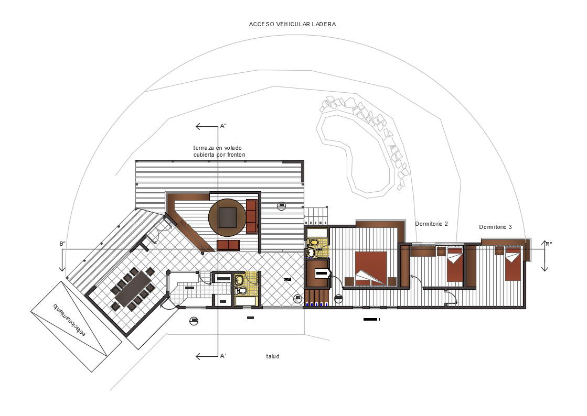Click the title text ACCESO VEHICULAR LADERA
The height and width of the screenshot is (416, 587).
click(292, 24)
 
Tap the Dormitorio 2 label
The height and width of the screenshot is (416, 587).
click(431, 224)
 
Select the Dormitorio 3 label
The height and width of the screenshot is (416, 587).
click(495, 227)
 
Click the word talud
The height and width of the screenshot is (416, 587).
click(273, 356)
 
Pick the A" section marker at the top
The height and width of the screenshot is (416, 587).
click(223, 126)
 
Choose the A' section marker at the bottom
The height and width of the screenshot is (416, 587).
click(223, 356)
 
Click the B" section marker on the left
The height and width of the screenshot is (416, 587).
click(62, 244)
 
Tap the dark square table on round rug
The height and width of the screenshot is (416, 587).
click(227, 217)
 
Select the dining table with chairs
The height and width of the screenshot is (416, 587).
click(133, 289)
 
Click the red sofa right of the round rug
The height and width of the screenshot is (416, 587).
click(252, 216)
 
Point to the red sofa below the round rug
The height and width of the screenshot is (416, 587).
click(228, 245)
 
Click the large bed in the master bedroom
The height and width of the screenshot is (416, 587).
click(371, 268)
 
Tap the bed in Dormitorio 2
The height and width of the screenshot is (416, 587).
click(454, 265)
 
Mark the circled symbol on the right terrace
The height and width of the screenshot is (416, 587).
click(282, 205)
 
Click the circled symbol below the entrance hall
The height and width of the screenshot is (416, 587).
click(194, 321)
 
